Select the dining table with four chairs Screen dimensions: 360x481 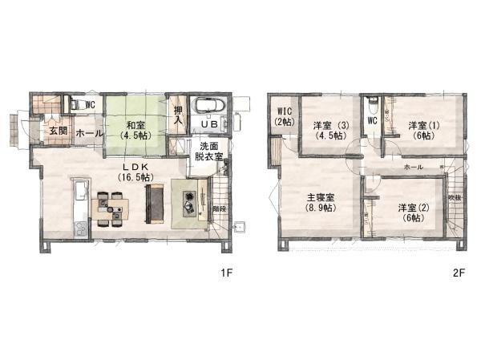(x=111, y=208)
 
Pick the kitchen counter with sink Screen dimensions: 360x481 (x=80, y=207)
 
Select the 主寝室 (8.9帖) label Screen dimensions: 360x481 (x=319, y=201)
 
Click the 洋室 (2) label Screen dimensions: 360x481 (x=412, y=213)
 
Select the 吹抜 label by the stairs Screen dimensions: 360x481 (x=454, y=197)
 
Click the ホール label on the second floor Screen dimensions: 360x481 (x=414, y=167)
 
